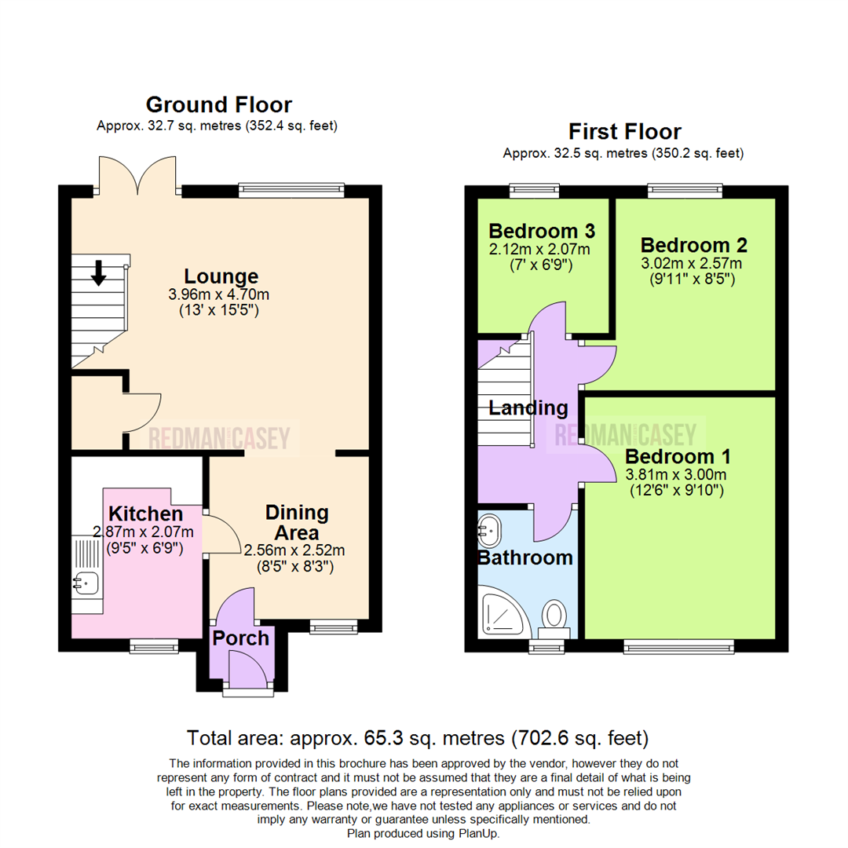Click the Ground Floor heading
click(218, 104)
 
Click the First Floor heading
click(625, 130)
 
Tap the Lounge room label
click(221, 276)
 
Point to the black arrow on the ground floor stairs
click(98, 272)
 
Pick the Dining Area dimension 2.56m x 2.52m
click(294, 550)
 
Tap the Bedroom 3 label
click(541, 231)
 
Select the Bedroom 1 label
click(678, 456)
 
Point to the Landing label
click(528, 408)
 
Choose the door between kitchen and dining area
click(217, 534)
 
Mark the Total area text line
click(417, 738)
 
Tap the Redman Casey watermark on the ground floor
click(220, 437)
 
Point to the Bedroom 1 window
click(678, 646)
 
